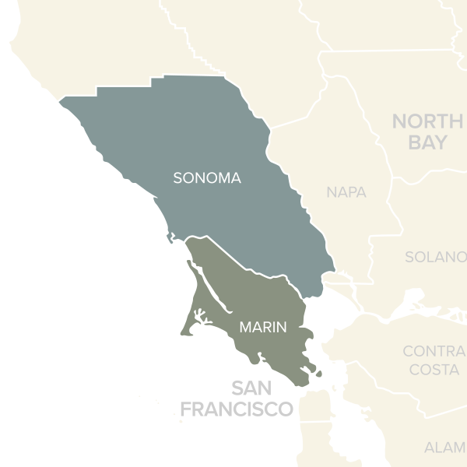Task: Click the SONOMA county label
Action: coord(207,178)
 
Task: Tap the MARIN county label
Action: coord(262,328)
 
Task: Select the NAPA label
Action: coord(346,192)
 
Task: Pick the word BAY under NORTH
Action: coord(427,143)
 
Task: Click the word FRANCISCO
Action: coord(237,409)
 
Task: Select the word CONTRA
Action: coord(434,351)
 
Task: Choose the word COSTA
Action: coord(434,370)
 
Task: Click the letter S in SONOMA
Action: coord(177,178)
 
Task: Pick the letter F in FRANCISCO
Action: coord(185,409)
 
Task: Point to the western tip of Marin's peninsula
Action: coord(181,333)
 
